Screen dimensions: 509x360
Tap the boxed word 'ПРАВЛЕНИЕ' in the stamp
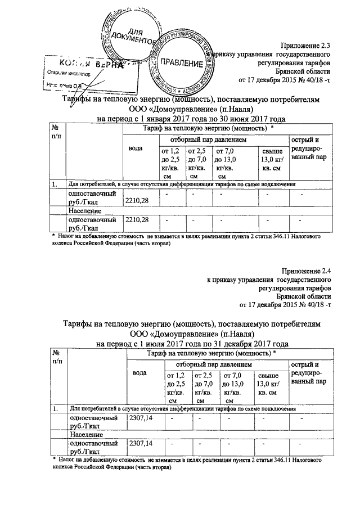pyautogui.click(x=182, y=64)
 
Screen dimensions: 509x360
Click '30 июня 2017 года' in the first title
pyautogui.click(x=247, y=119)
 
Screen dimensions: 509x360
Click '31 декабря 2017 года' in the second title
pyautogui.click(x=248, y=343)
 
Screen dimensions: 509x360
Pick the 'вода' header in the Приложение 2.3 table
pyautogui.click(x=136, y=148)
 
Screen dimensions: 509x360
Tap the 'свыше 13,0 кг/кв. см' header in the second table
pyautogui.click(x=269, y=383)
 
